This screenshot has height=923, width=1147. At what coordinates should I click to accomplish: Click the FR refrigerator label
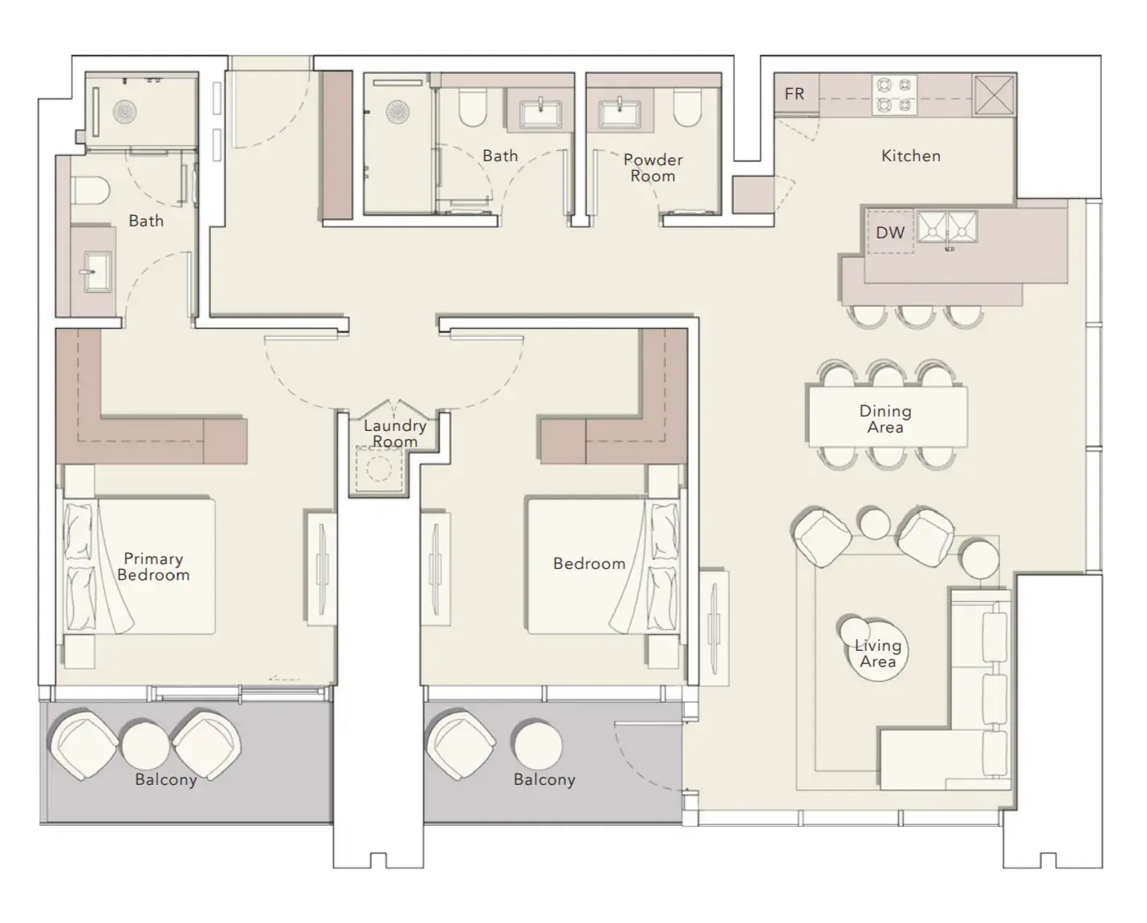(794, 94)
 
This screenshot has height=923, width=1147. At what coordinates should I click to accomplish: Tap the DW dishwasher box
(891, 232)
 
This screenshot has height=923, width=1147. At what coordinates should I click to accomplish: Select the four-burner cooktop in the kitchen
(894, 95)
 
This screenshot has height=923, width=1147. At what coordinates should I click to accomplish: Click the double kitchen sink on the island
(947, 227)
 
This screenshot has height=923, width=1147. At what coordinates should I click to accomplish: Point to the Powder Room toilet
(688, 108)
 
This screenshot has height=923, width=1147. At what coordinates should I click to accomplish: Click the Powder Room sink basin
(620, 114)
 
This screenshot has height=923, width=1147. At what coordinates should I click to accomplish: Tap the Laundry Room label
(395, 433)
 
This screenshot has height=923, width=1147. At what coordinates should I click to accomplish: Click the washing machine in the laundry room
(378, 467)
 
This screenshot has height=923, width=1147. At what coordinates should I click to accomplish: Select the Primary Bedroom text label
(153, 567)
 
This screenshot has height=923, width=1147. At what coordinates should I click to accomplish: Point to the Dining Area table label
(885, 419)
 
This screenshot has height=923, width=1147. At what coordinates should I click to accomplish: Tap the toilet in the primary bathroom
(91, 191)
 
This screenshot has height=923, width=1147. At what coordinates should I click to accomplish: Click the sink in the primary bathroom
(97, 272)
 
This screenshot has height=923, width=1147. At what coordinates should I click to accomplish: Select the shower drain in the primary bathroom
(124, 112)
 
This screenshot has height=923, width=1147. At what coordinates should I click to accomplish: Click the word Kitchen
(911, 156)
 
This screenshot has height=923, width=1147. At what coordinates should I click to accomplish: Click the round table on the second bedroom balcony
(537, 745)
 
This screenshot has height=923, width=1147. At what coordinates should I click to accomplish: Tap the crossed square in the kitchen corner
(994, 95)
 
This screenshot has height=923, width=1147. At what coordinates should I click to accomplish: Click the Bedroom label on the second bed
(589, 563)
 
